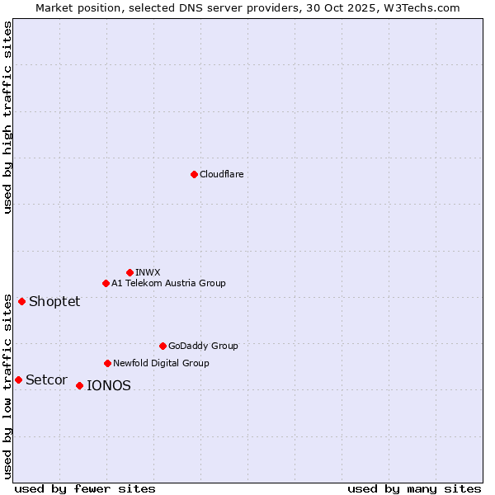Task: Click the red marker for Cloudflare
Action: [x=194, y=174]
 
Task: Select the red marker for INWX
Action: [x=130, y=272]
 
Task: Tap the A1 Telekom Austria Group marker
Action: [x=106, y=283]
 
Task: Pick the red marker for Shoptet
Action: [x=21, y=301]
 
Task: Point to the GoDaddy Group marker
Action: [x=163, y=346]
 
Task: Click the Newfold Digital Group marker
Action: [x=107, y=363]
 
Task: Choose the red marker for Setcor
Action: [x=18, y=379]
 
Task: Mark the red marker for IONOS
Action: [x=79, y=385]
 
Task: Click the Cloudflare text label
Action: [x=222, y=174]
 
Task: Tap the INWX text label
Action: [x=148, y=272]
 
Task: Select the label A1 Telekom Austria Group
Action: [x=168, y=283]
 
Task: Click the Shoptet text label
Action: [x=54, y=301]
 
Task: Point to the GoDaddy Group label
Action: [x=203, y=346]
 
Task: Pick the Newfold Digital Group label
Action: [x=161, y=363]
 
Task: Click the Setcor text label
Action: [x=46, y=379]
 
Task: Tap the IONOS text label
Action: [x=109, y=385]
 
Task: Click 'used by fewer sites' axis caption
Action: [x=85, y=488]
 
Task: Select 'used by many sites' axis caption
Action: [x=414, y=488]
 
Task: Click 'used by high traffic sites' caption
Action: [x=7, y=117]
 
